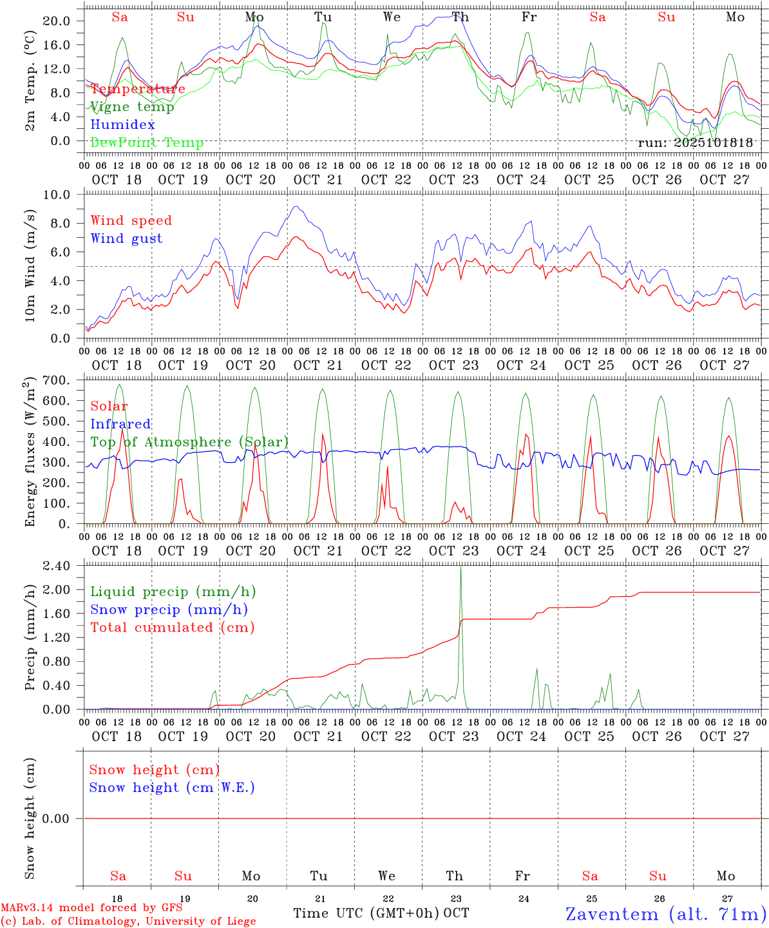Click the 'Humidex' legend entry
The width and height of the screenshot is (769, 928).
[122, 124]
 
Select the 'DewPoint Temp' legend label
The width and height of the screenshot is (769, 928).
[147, 142]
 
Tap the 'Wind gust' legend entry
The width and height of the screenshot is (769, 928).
[126, 238]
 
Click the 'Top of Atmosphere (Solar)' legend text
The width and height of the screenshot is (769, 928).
[189, 442]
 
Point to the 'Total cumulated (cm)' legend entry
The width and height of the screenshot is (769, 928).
[172, 627]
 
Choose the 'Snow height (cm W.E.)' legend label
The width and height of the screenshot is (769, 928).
[172, 788]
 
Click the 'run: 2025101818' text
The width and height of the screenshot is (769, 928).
[695, 142]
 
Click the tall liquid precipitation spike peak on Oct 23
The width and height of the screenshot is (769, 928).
[460, 568]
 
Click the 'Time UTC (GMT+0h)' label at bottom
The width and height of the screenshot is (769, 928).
[366, 913]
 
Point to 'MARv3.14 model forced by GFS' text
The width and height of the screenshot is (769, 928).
[91, 908]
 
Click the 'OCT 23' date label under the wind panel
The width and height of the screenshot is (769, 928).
[454, 365]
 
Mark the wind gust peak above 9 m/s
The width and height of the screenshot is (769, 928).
[295, 207]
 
